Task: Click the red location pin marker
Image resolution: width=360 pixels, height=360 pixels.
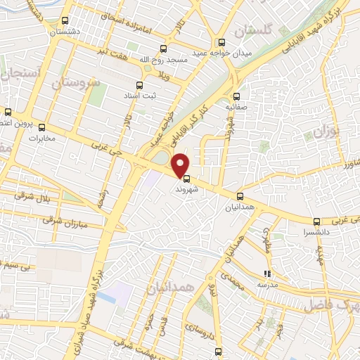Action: coord(181,165)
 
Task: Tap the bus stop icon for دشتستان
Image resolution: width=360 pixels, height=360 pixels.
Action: coord(65,21)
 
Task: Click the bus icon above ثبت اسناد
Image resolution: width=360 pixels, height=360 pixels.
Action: coord(148,85)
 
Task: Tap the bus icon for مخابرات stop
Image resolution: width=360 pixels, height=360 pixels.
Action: coord(41,127)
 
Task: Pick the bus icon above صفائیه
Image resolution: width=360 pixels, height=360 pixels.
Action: coord(237,98)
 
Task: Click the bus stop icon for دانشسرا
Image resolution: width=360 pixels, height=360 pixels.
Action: coord(317,221)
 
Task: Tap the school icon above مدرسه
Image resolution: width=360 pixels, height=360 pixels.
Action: coord(266,274)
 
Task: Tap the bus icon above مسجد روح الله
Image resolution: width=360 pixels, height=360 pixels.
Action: coord(164,49)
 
